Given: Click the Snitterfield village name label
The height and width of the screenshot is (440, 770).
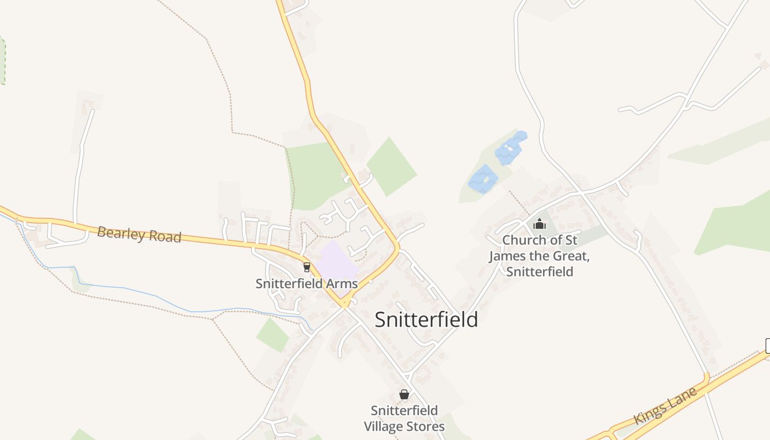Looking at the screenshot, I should pyautogui.click(x=426, y=320).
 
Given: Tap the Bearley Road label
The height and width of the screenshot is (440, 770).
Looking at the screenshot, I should pyautogui.click(x=139, y=234).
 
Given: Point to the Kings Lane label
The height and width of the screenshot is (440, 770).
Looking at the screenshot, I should pyautogui.click(x=665, y=406).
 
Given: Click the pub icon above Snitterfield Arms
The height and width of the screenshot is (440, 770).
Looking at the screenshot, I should pyautogui.click(x=307, y=267).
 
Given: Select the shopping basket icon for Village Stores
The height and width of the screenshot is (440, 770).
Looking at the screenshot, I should pyautogui.click(x=404, y=394).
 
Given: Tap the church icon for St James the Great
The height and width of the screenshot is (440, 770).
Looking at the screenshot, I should pyautogui.click(x=540, y=224).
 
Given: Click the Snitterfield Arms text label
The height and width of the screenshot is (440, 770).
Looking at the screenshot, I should pyautogui.click(x=306, y=284).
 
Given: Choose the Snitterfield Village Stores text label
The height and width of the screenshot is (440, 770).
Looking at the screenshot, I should pyautogui.click(x=404, y=419).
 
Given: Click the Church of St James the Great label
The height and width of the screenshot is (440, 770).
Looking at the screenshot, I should pyautogui.click(x=540, y=256).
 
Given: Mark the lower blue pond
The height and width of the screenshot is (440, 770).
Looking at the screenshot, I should pyautogui.click(x=483, y=179).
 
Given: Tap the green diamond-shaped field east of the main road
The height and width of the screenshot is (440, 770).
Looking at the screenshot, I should pyautogui.click(x=392, y=167).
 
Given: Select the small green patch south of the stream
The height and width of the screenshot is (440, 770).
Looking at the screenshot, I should pyautogui.click(x=272, y=334).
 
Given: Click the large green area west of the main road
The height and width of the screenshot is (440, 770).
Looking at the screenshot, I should pyautogui.click(x=313, y=173).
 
